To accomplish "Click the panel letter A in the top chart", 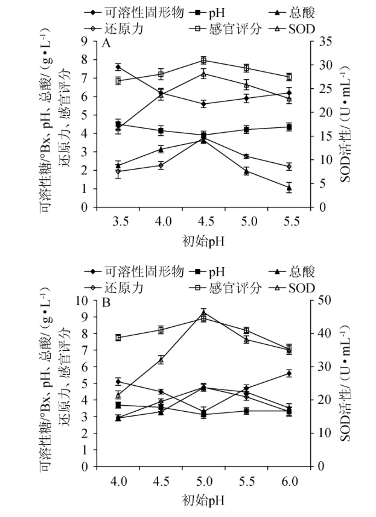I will [106, 43].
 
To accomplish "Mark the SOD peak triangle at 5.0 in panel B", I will [204, 313].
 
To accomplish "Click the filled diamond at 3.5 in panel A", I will [118, 67].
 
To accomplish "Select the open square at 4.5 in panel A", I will [204, 60].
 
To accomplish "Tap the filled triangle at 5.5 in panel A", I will [289, 187].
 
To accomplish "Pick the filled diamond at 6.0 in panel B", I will [289, 373].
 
